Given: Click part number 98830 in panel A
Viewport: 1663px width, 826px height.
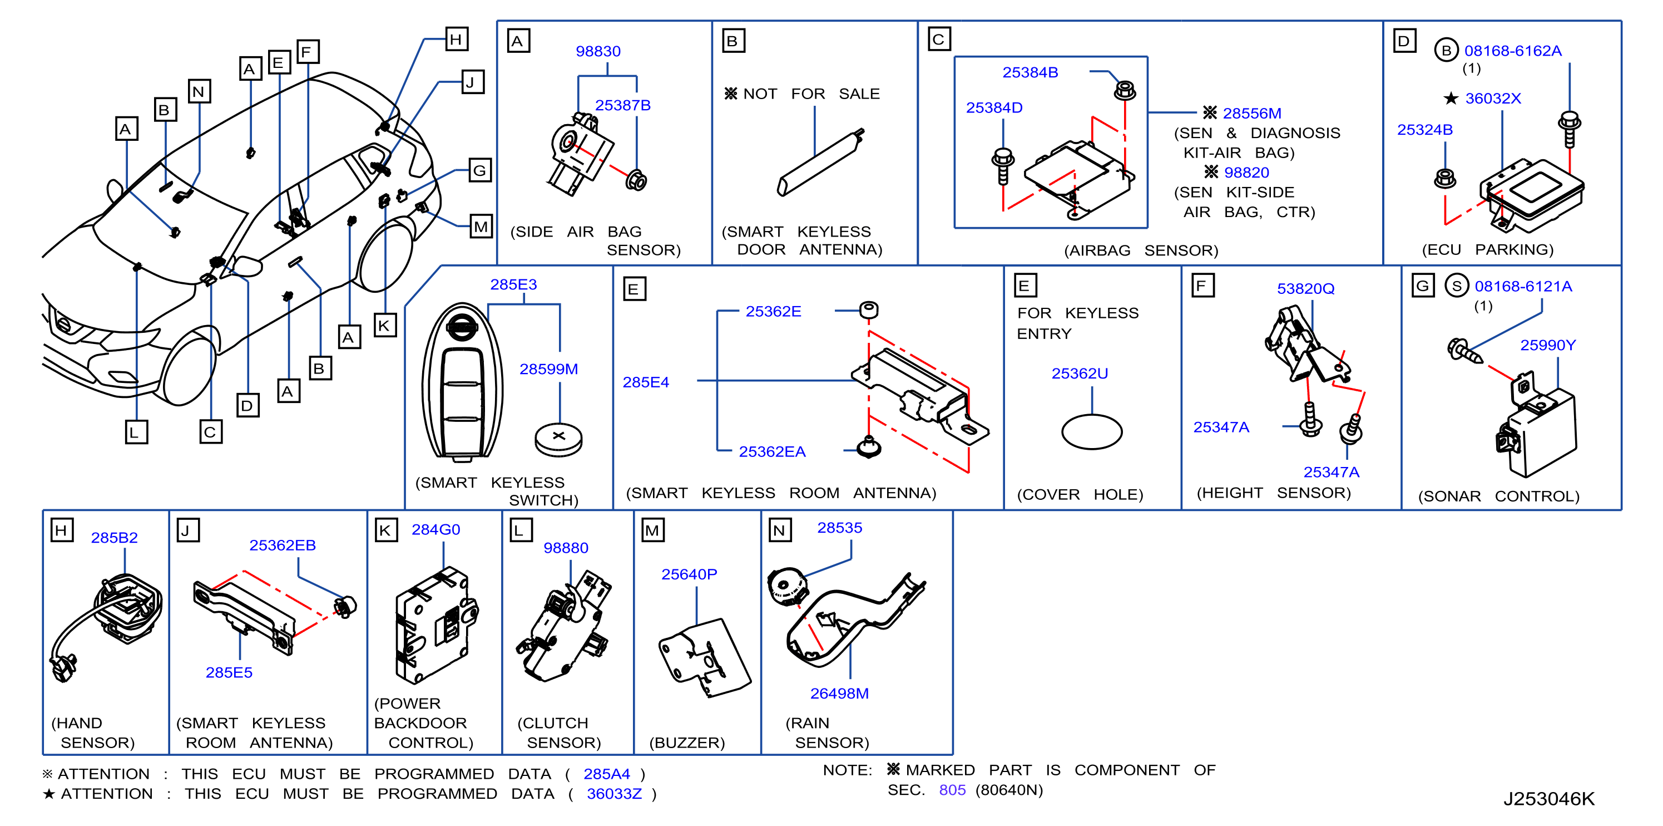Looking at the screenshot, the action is pyautogui.click(x=598, y=51).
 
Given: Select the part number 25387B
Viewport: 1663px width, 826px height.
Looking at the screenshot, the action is pyautogui.click(x=622, y=105).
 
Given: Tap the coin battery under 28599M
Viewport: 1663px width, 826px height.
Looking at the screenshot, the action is pyautogui.click(x=558, y=439).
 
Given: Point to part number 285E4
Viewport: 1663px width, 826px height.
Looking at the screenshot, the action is pyautogui.click(x=646, y=382).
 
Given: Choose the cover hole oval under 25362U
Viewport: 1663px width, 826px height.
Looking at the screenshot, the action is pyautogui.click(x=1092, y=431).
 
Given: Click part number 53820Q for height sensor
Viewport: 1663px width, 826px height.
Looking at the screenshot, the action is pyautogui.click(x=1305, y=289).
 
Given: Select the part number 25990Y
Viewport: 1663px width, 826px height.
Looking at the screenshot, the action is pyautogui.click(x=1547, y=346).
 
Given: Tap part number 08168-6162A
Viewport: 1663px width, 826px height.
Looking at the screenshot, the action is pyautogui.click(x=1513, y=51).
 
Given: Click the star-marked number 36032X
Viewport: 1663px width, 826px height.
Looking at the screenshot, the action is pyautogui.click(x=1493, y=98).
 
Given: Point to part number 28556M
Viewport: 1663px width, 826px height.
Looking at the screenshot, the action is pyautogui.click(x=1252, y=114).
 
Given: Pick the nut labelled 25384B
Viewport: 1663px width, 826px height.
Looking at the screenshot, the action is pyautogui.click(x=1125, y=90).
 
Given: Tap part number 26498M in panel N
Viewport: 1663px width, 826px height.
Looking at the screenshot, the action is pyautogui.click(x=839, y=694).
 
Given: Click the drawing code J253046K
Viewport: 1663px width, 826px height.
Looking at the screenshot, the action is pyautogui.click(x=1549, y=799).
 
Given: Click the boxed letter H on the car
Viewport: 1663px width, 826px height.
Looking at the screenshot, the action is pyautogui.click(x=457, y=40).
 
